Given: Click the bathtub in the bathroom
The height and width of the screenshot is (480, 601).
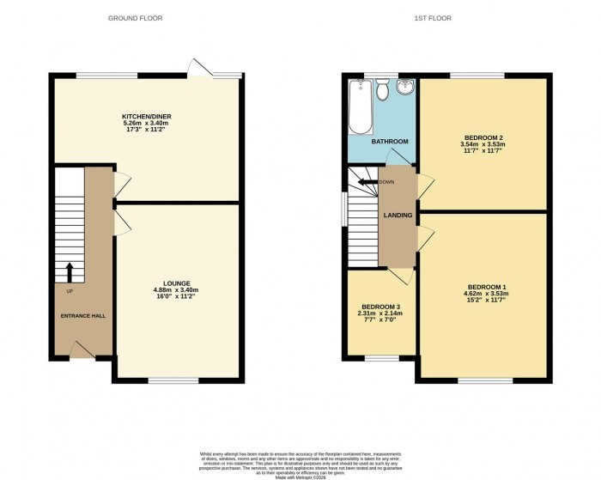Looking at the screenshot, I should tap(356, 107).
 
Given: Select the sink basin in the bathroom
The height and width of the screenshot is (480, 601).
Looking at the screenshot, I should tap(405, 87).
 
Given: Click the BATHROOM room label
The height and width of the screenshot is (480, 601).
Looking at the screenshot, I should tap(389, 141).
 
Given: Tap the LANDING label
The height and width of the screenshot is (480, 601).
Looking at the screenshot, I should tap(398, 215).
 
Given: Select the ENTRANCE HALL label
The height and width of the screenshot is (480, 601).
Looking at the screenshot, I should tap(83, 316).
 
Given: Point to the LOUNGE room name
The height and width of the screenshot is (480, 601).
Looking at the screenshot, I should tap(178, 283).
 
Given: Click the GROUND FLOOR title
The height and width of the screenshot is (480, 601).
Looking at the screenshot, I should tap(135, 18).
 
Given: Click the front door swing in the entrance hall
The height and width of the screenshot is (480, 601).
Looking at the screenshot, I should tap(82, 348).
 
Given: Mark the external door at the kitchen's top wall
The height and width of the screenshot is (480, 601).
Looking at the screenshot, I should tap(201, 68).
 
